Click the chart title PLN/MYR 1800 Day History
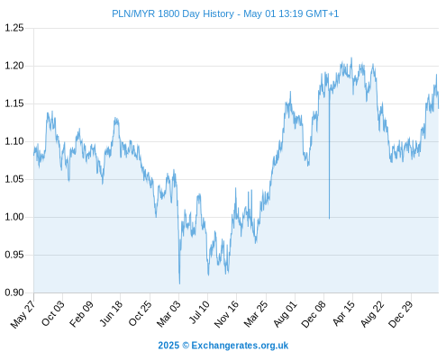tap(173, 13)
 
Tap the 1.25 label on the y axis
tap(14, 28)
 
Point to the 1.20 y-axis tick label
tap(14, 66)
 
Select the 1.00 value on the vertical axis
tap(14, 217)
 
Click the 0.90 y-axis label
tap(14, 292)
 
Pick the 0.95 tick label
tap(14, 255)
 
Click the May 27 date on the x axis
tap(23, 314)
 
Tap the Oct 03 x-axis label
tap(53, 313)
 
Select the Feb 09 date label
tap(81, 313)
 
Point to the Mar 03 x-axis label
tap(168, 313)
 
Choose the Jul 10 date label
tap(199, 312)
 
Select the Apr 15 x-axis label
tap(344, 313)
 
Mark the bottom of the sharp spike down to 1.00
tap(329, 219)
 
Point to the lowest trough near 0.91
tap(179, 283)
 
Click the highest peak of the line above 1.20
tap(351, 58)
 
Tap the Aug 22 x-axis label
tap(372, 313)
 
